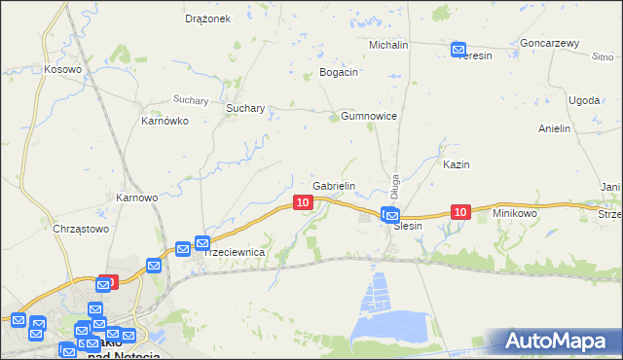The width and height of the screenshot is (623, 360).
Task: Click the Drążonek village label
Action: (x=206, y=18)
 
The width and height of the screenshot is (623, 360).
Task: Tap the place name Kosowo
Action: (x=61, y=69)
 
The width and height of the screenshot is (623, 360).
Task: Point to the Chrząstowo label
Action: (x=80, y=229)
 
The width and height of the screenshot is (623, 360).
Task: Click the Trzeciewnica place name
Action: (x=234, y=252)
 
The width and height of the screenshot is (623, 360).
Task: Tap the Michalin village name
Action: (x=388, y=45)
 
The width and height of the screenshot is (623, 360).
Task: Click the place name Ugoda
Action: (x=584, y=100)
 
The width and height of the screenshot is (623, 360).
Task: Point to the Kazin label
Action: (x=457, y=164)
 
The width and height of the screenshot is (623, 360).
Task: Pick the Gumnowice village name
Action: (x=369, y=116)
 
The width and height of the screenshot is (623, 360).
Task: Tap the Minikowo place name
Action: (x=515, y=212)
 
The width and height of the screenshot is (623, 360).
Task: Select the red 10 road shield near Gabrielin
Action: (x=303, y=202)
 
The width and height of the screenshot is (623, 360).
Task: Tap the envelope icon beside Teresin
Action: (x=458, y=50)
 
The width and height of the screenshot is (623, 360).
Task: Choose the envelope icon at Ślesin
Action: (x=391, y=216)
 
